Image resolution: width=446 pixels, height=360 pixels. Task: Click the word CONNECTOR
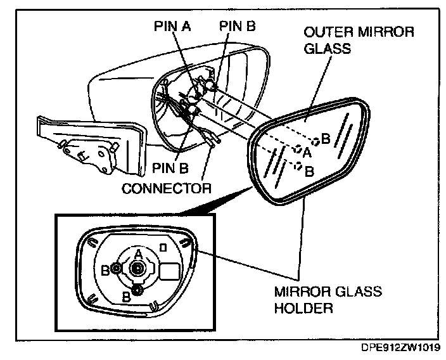(x=167, y=188)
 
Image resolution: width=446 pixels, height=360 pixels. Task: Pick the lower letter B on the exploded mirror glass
(x=309, y=170)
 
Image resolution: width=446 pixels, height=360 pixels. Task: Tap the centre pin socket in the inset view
(x=137, y=269)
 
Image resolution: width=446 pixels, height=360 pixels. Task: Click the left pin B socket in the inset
(x=117, y=269)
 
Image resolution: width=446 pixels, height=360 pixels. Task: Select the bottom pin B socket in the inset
(x=136, y=291)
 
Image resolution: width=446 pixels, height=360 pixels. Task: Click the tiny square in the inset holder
(x=163, y=245)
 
